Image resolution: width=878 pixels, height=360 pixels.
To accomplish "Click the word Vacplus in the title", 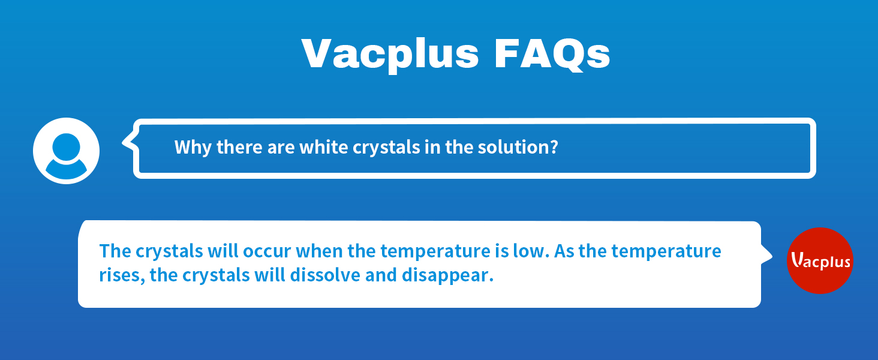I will click(390, 54).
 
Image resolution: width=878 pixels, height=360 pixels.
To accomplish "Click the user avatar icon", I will click(66, 151).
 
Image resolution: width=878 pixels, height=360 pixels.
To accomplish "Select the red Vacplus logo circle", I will click(820, 260).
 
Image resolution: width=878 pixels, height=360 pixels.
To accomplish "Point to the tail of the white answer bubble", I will click(767, 253).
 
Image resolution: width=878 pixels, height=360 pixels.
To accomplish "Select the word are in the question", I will click(282, 147).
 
